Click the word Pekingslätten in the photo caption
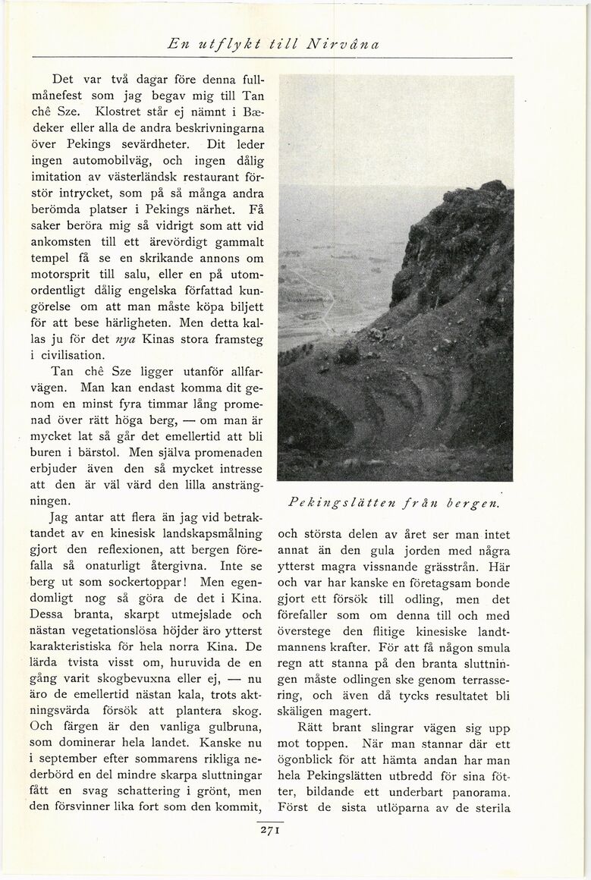pyautogui.click(x=336, y=502)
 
